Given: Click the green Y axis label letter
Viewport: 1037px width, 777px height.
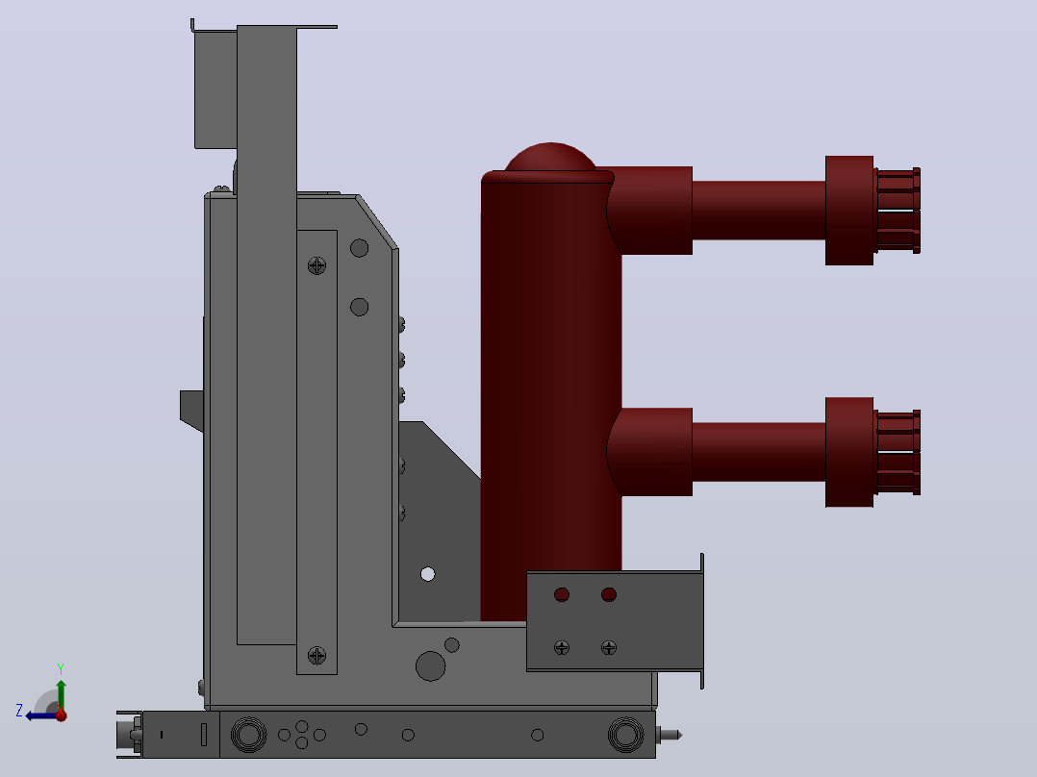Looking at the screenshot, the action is pyautogui.click(x=61, y=668).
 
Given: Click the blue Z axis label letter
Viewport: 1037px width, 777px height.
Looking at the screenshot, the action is pyautogui.click(x=19, y=711).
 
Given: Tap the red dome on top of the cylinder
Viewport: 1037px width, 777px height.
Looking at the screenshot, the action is pyautogui.click(x=550, y=158).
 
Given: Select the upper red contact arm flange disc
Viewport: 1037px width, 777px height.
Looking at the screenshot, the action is pyautogui.click(x=849, y=211).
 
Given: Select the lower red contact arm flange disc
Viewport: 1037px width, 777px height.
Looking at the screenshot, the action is pyautogui.click(x=849, y=452).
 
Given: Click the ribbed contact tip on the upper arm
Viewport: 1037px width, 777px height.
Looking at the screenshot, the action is pyautogui.click(x=898, y=211).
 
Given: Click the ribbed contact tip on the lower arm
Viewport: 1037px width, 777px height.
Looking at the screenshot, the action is pyautogui.click(x=898, y=452).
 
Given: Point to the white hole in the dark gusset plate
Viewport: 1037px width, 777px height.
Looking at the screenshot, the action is pyautogui.click(x=428, y=574).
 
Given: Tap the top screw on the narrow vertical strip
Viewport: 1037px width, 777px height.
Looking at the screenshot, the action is pyautogui.click(x=316, y=265).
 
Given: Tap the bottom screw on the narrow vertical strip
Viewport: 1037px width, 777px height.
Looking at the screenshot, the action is pyautogui.click(x=316, y=655).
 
